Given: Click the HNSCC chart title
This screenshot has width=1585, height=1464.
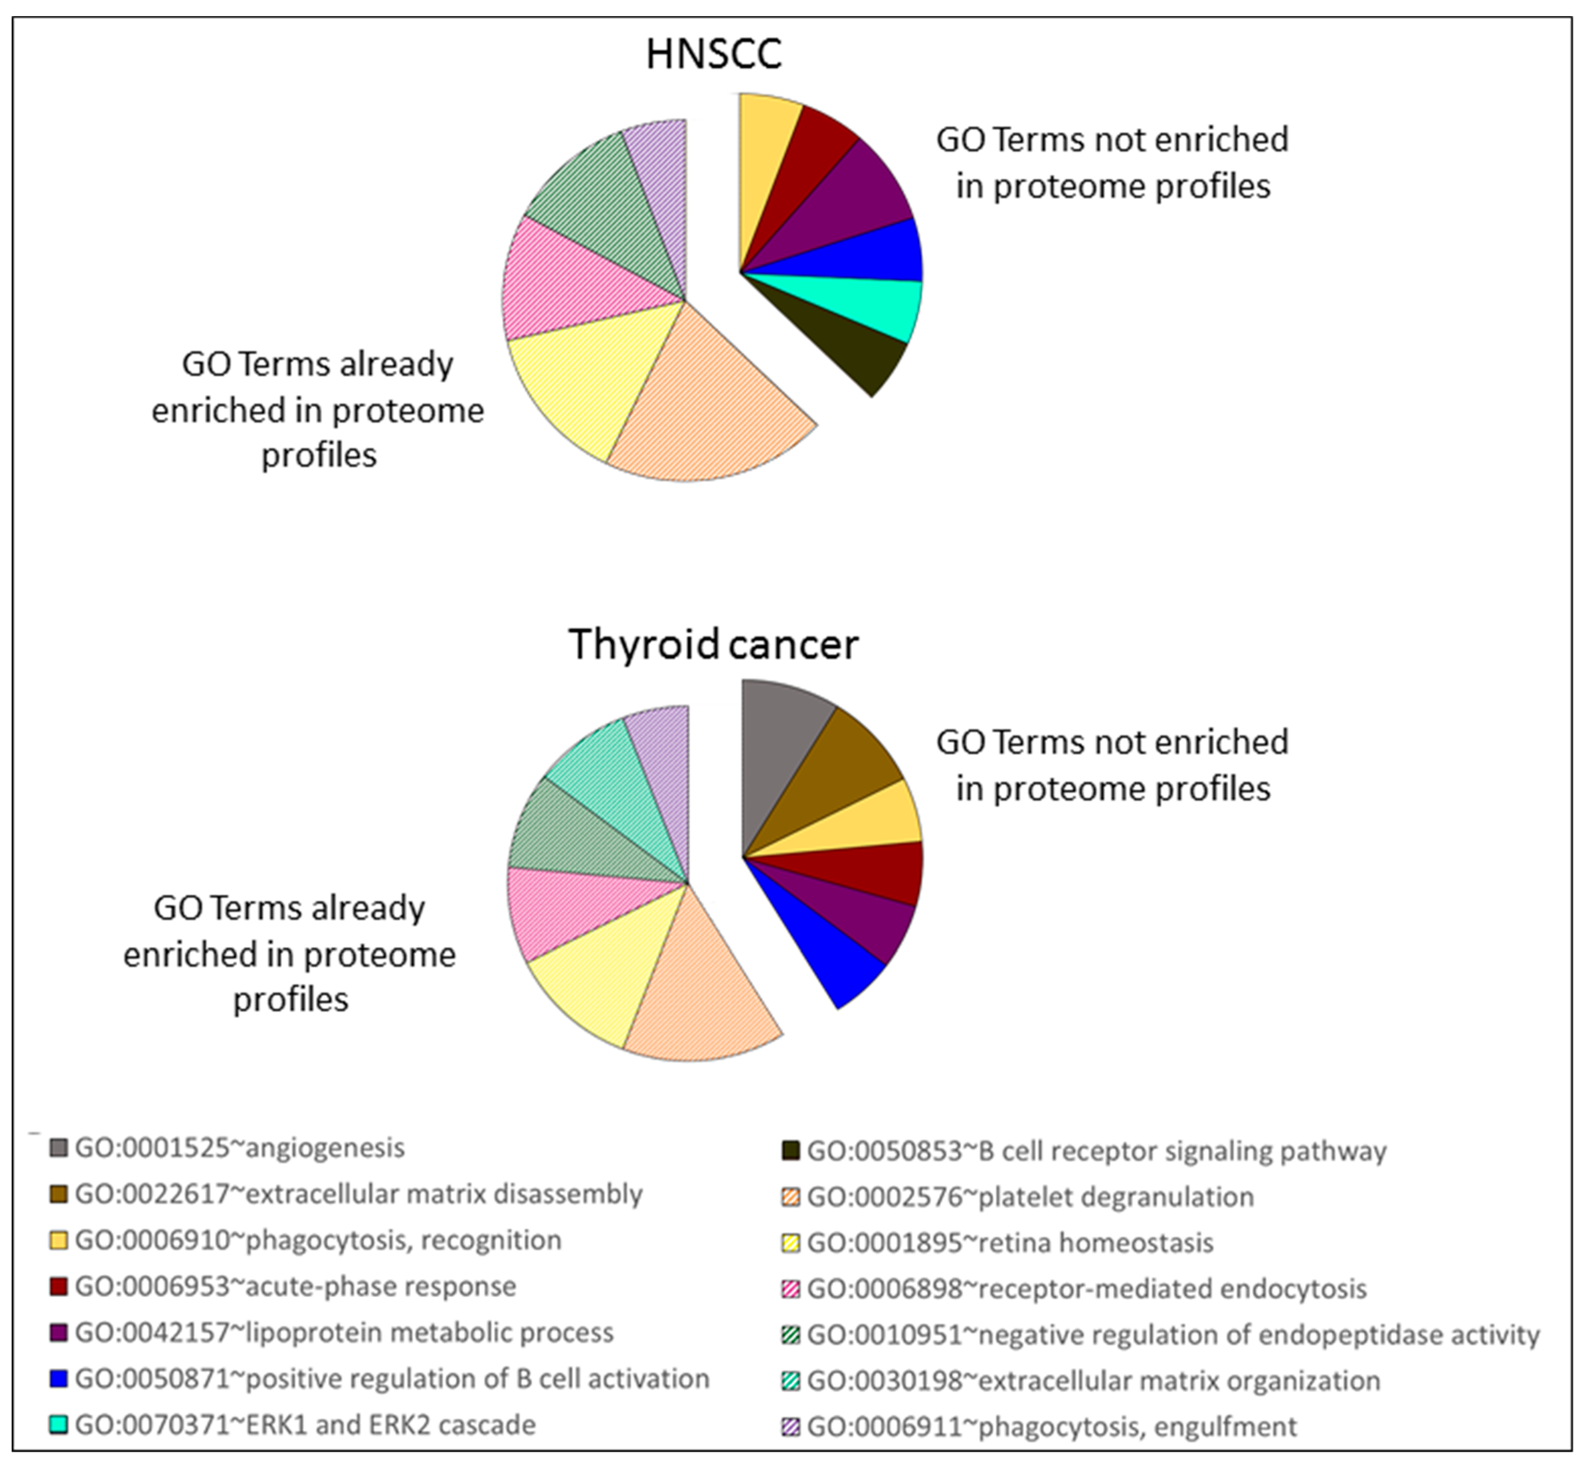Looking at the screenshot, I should tap(714, 54).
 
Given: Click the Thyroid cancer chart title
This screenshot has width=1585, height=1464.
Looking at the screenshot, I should tap(713, 644).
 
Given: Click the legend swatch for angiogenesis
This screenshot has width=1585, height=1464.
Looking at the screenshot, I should tap(58, 1148).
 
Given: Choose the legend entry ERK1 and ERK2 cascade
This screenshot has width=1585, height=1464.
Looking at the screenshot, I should tap(305, 1425).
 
